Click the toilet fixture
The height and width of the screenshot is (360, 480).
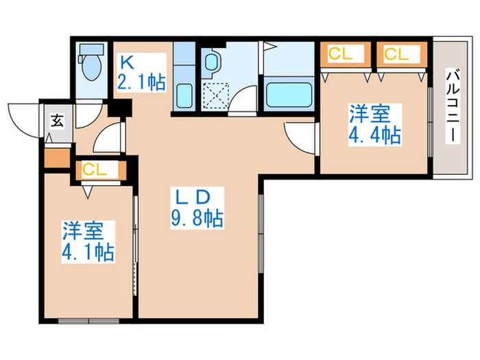(x=89, y=65)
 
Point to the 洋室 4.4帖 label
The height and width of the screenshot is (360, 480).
(x=374, y=124)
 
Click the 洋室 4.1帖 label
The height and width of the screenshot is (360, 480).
(x=88, y=241)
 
